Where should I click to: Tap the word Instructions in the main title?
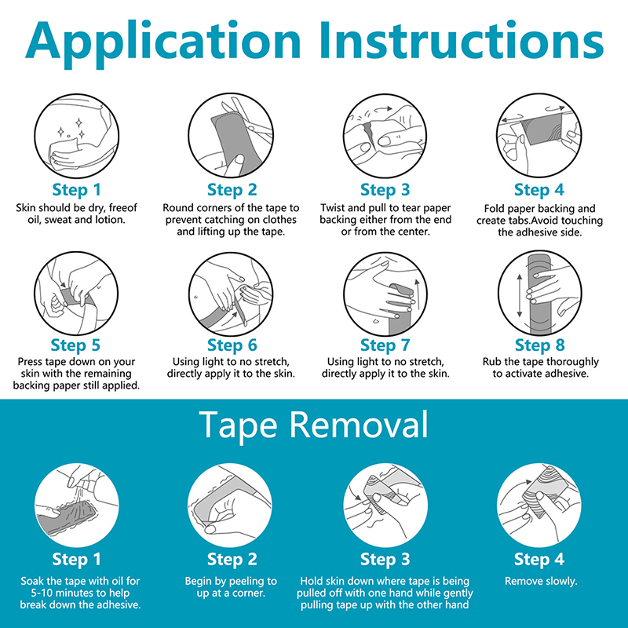coord(462,40)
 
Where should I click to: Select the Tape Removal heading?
coord(313,425)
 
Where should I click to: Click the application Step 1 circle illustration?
coord(76,136)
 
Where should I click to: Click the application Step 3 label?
coord(385,190)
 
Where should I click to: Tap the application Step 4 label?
coord(539,190)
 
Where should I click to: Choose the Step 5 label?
coord(75,345)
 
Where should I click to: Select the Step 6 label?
coord(232,345)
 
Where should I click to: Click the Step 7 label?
coord(385,345)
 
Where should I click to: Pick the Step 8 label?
coord(539,345)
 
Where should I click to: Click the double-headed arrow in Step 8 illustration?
coord(520,296)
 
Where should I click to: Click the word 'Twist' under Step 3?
coord(332,208)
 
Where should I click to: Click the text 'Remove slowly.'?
coord(541,581)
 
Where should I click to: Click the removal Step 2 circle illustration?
coord(230,505)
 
